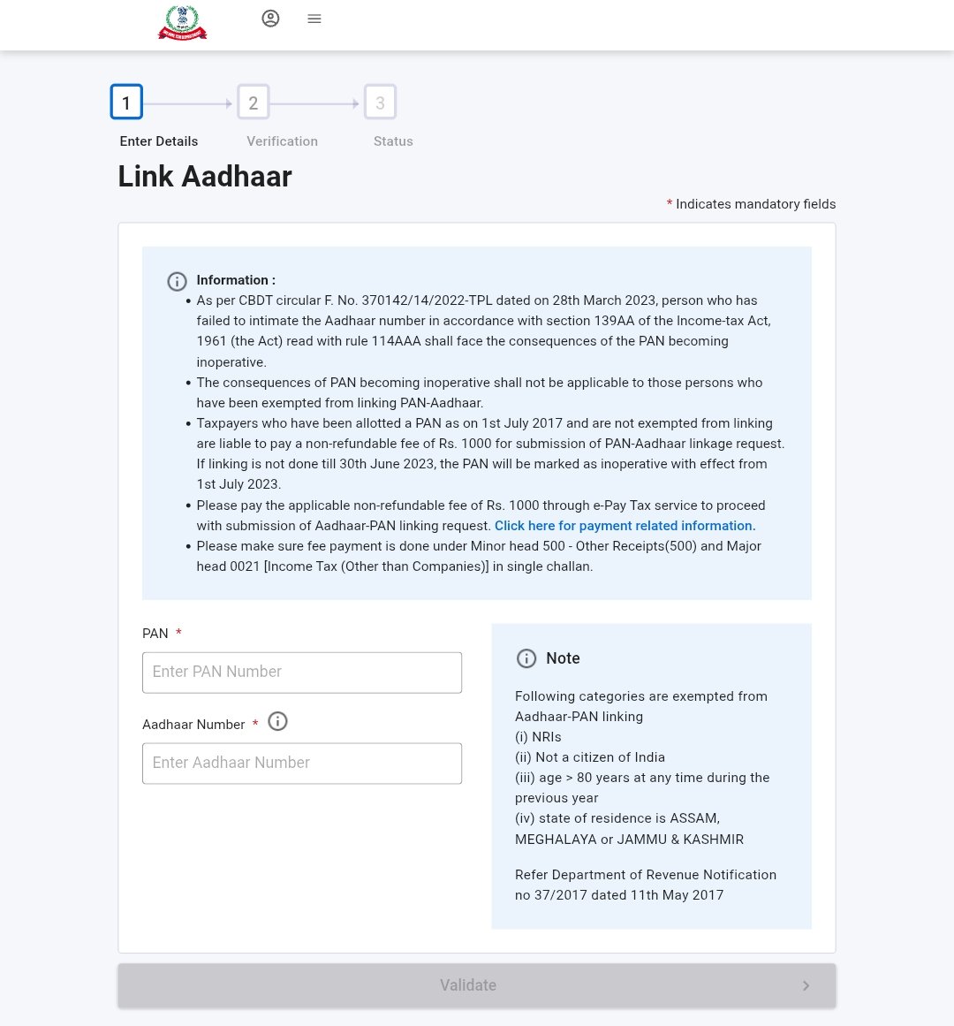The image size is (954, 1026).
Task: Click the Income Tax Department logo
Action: pyautogui.click(x=182, y=23)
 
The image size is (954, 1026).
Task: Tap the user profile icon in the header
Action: pyautogui.click(x=270, y=19)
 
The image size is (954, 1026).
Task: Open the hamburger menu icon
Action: pyautogui.click(x=314, y=19)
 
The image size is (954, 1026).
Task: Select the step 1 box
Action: pyautogui.click(x=126, y=103)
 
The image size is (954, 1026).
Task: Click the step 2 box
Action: pyautogui.click(x=254, y=103)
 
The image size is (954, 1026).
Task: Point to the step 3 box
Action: pyautogui.click(x=381, y=103)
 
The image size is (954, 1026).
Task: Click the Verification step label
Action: pyautogui.click(x=282, y=141)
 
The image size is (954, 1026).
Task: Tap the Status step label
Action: pyautogui.click(x=393, y=141)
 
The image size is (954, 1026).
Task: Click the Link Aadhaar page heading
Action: pyautogui.click(x=205, y=176)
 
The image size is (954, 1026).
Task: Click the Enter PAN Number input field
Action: pyautogui.click(x=302, y=673)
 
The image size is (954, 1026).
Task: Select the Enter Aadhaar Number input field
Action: pyautogui.click(x=302, y=764)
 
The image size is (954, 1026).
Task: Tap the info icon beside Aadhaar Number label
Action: pyautogui.click(x=277, y=722)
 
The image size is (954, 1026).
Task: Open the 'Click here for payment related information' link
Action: pyautogui.click(x=625, y=526)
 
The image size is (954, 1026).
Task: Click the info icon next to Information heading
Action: pyautogui.click(x=177, y=282)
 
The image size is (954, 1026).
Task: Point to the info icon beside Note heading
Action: pyautogui.click(x=526, y=658)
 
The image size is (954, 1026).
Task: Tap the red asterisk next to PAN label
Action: pyautogui.click(x=178, y=633)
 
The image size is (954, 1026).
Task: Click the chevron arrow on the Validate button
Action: pyautogui.click(x=806, y=985)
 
